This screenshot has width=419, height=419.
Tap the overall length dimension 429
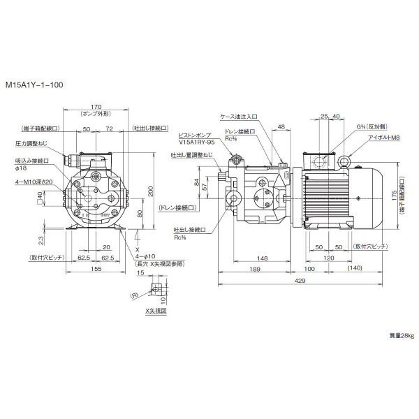coord(299,281)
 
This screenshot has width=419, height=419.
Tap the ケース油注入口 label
coord(239,118)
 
